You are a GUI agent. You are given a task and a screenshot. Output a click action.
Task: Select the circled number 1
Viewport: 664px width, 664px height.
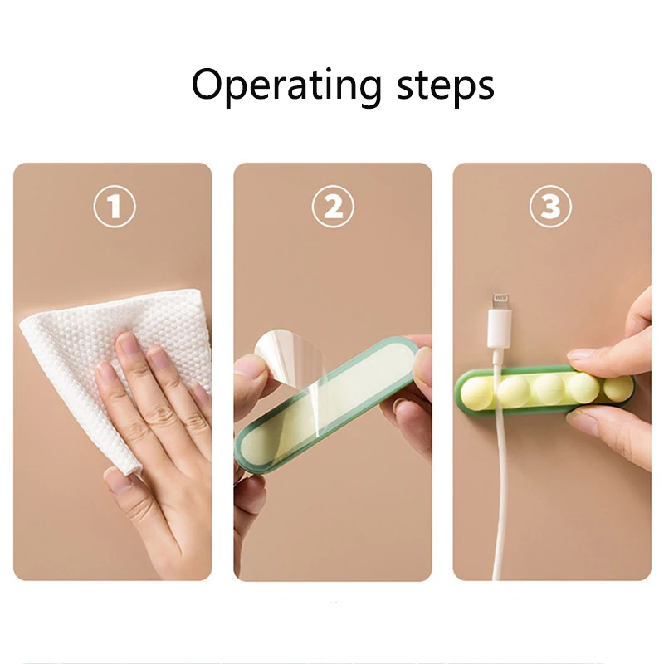[x=114, y=207]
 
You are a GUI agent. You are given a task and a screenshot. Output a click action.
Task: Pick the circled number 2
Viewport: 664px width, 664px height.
[x=333, y=207]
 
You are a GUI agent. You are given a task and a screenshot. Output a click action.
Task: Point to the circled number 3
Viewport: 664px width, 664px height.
[x=551, y=207]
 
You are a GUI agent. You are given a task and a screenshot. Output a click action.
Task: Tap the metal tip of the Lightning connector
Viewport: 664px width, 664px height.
[x=500, y=300]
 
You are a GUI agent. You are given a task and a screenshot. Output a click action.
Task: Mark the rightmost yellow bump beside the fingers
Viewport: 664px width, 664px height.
[x=618, y=387]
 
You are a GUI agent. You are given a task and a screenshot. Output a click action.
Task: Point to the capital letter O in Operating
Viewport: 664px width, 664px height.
[x=210, y=85]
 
